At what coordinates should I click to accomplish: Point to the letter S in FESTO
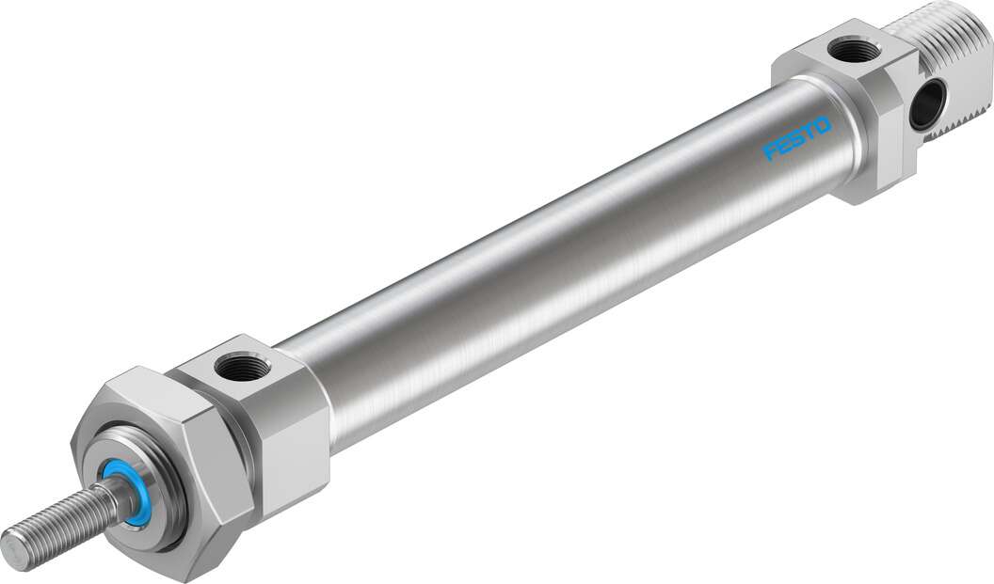(797, 138)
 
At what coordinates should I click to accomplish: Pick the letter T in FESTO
(810, 132)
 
